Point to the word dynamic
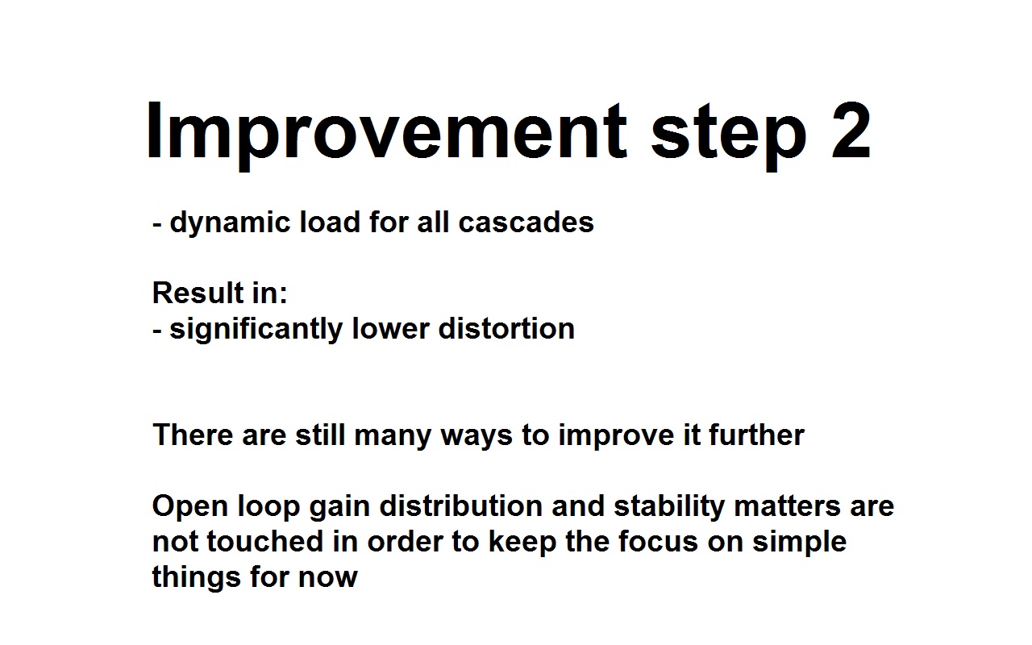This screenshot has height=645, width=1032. tap(230, 224)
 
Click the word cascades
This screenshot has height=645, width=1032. tap(526, 223)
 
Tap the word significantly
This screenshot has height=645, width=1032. tap(256, 330)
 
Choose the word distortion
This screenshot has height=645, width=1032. tap(506, 329)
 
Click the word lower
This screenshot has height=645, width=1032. tap(391, 329)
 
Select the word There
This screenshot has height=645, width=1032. tap(193, 435)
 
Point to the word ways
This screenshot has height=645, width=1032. tap(476, 438)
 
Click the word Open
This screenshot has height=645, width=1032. tap(190, 508)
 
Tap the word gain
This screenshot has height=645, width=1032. tap(339, 508)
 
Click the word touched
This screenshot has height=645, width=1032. tap(265, 542)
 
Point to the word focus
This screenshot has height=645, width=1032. tap(658, 542)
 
